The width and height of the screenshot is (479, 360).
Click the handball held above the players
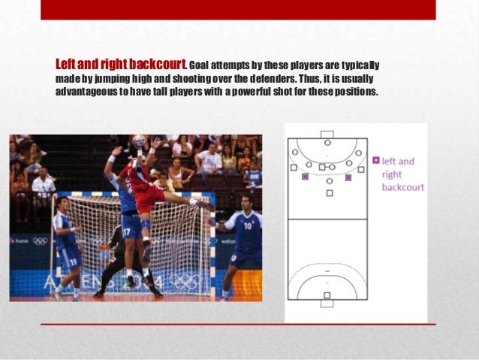coord(139,140)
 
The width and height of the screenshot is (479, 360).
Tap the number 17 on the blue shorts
coord(128,232)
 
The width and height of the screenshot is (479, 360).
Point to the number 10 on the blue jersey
coord(246,224)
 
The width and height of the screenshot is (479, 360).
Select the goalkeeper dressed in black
coord(114,256)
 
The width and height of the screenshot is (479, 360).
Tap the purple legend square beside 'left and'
coord(375,159)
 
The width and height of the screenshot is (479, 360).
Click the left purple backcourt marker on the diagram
coord(305,177)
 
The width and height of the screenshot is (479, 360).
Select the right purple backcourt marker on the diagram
coord(348,177)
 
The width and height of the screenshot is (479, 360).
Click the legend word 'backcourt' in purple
coord(403,186)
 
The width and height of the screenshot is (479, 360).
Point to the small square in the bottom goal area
coord(327,294)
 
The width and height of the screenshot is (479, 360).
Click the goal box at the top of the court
coord(327,135)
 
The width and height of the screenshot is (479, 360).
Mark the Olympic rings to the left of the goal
coord(40,241)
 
